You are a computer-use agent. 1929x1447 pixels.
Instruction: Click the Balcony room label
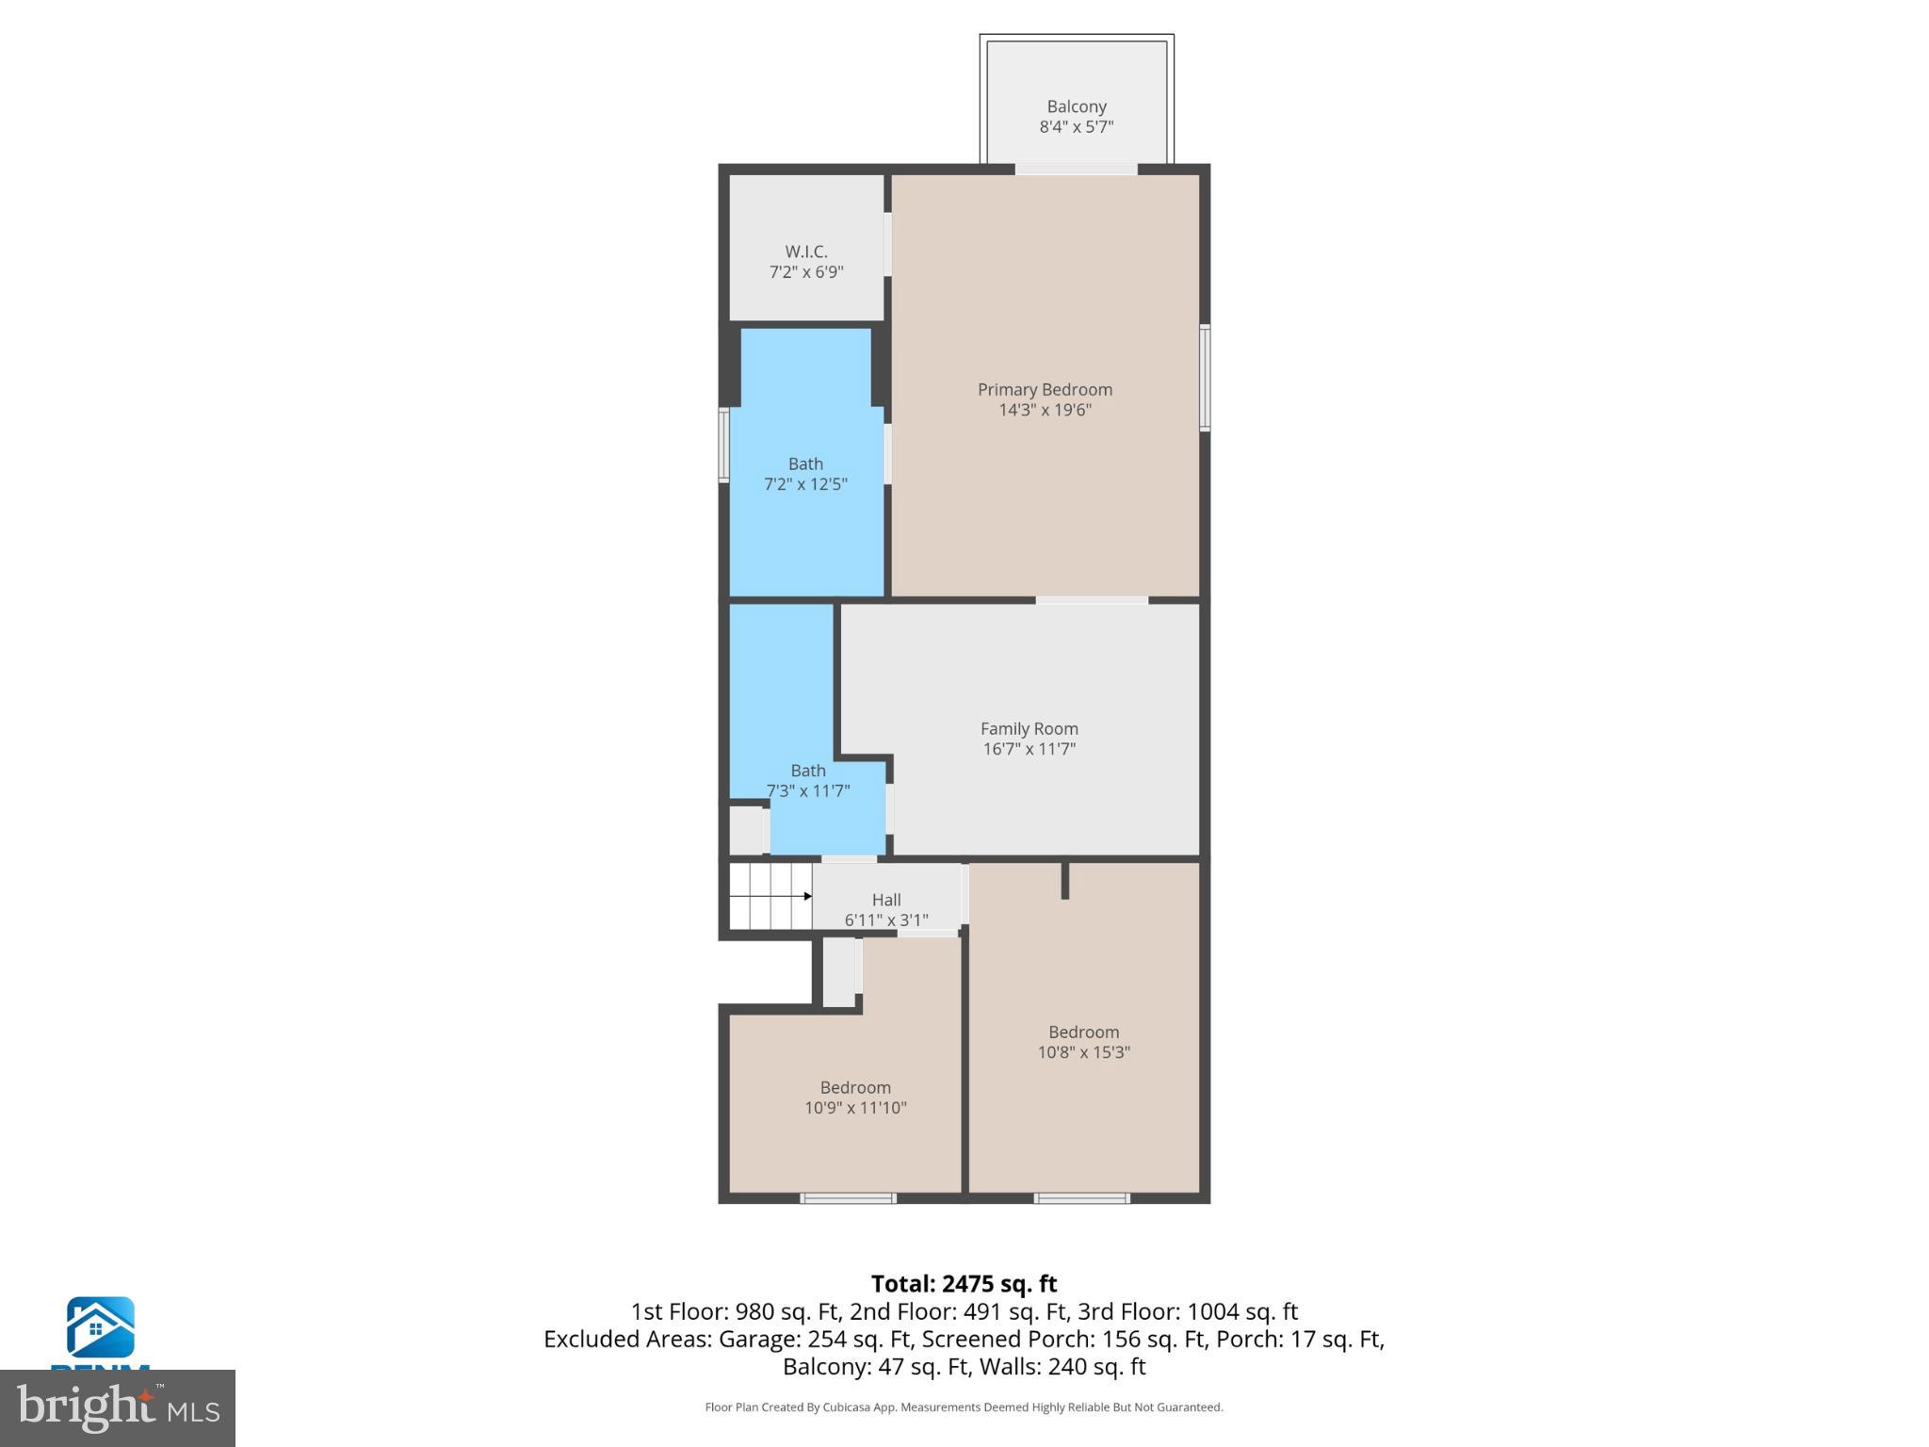(x=1076, y=107)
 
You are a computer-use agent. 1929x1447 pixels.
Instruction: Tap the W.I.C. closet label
(x=806, y=252)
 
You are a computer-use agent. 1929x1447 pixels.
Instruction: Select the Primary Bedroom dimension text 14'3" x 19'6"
(x=1045, y=410)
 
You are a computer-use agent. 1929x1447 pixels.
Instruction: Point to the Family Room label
(x=1029, y=728)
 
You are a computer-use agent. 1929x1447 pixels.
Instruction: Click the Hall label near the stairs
(x=886, y=901)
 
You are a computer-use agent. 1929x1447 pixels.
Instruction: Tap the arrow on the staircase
(x=807, y=896)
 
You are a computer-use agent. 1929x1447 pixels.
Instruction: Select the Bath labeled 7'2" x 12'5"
(x=805, y=474)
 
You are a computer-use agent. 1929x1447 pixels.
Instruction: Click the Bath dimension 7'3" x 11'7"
(x=808, y=791)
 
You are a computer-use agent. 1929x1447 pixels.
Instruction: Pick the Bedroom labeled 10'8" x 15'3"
(x=1083, y=1042)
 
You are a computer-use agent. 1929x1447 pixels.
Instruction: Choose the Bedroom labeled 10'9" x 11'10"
(x=855, y=1097)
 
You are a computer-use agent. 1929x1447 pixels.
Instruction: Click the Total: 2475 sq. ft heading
(x=964, y=1284)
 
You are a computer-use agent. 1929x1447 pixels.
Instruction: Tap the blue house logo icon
(x=100, y=1327)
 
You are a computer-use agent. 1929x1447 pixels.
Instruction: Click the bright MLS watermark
(x=118, y=1407)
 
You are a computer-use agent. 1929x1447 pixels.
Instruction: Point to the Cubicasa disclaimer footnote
(x=964, y=1407)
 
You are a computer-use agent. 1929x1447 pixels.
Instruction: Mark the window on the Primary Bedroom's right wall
(x=1204, y=378)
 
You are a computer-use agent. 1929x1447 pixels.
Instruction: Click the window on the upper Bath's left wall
(x=723, y=445)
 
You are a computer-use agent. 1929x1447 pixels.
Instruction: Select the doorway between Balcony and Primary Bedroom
(x=1076, y=170)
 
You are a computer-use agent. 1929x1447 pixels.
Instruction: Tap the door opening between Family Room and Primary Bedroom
(x=1092, y=600)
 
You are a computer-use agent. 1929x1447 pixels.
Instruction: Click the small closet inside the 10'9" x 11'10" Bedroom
(x=838, y=971)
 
